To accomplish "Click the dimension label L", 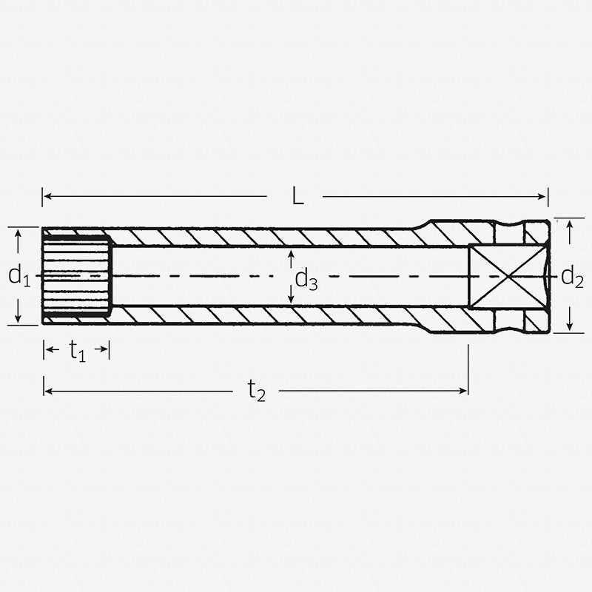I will pyautogui.click(x=297, y=196).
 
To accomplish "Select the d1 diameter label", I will pyautogui.click(x=18, y=276).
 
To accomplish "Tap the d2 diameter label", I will pyautogui.click(x=572, y=277).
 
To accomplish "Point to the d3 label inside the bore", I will pyautogui.click(x=306, y=279).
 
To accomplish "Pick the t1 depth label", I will pyautogui.click(x=77, y=350).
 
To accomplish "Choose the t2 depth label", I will pyautogui.click(x=255, y=390).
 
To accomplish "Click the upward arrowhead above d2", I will pyautogui.click(x=569, y=227).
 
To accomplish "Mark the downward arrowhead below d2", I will pyautogui.click(x=569, y=326).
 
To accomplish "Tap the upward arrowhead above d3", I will pyautogui.click(x=291, y=254).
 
